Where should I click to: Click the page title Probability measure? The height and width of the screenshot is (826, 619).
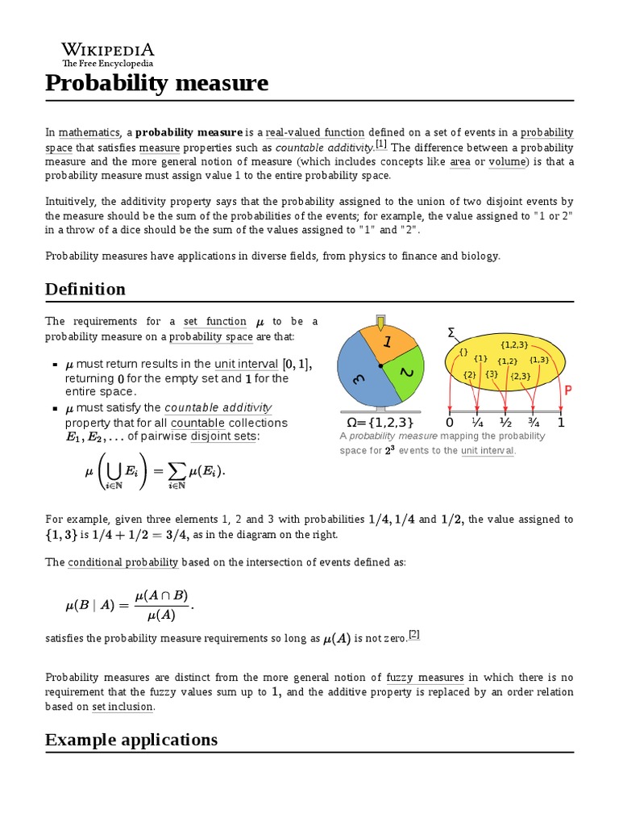[156, 83]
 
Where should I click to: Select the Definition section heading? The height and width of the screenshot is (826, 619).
[85, 289]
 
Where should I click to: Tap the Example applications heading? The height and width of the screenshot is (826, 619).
[131, 739]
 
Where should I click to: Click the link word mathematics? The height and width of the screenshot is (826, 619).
[88, 132]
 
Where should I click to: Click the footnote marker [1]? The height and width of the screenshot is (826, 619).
[380, 145]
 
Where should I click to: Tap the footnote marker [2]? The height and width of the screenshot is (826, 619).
[413, 634]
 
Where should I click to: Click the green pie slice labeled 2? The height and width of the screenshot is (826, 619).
[407, 374]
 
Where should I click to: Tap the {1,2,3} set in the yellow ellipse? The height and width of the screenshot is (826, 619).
[513, 345]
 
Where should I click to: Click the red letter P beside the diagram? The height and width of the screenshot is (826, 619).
[567, 390]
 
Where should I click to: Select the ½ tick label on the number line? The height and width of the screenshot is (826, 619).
[505, 423]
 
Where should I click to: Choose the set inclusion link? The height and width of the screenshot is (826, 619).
[123, 707]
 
